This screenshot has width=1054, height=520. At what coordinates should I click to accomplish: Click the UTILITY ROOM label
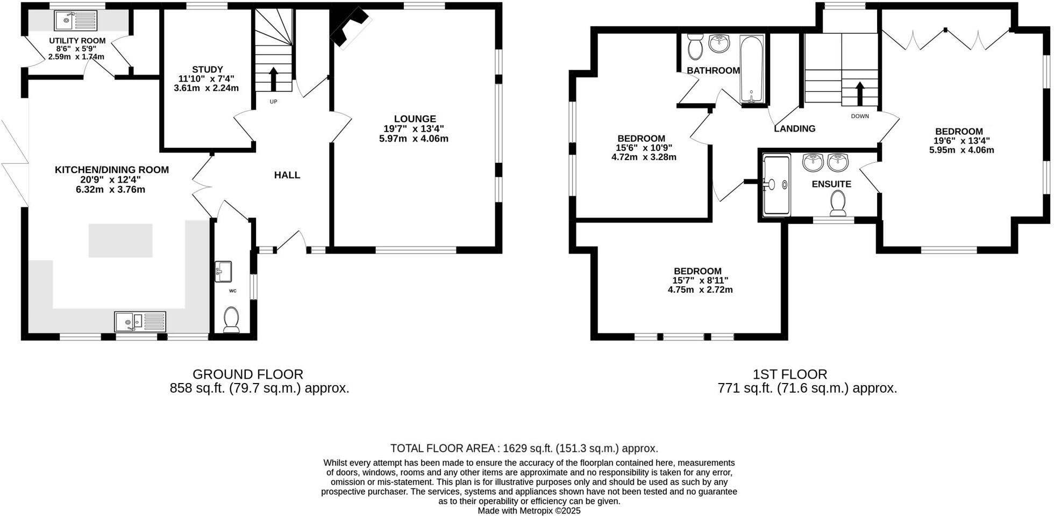point(77,41)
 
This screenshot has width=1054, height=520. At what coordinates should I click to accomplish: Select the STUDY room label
point(207,69)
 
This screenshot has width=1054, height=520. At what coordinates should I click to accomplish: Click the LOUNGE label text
point(414,119)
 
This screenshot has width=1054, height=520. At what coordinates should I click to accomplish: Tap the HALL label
point(287,175)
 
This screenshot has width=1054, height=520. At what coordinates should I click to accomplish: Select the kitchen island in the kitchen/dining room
point(120,240)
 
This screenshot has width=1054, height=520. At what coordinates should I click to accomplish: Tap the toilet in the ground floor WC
point(232,320)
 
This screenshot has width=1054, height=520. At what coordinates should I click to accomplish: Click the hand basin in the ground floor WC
point(223,271)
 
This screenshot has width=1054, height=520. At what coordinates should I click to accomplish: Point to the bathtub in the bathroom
point(751,69)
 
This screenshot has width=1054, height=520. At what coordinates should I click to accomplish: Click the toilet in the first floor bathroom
point(695,47)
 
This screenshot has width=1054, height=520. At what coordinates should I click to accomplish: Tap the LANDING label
point(794,128)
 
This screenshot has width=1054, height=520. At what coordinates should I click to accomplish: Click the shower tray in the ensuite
point(776,185)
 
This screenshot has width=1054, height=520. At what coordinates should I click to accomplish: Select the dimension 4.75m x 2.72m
point(700,290)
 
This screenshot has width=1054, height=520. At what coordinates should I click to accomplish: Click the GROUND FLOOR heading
point(247,374)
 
